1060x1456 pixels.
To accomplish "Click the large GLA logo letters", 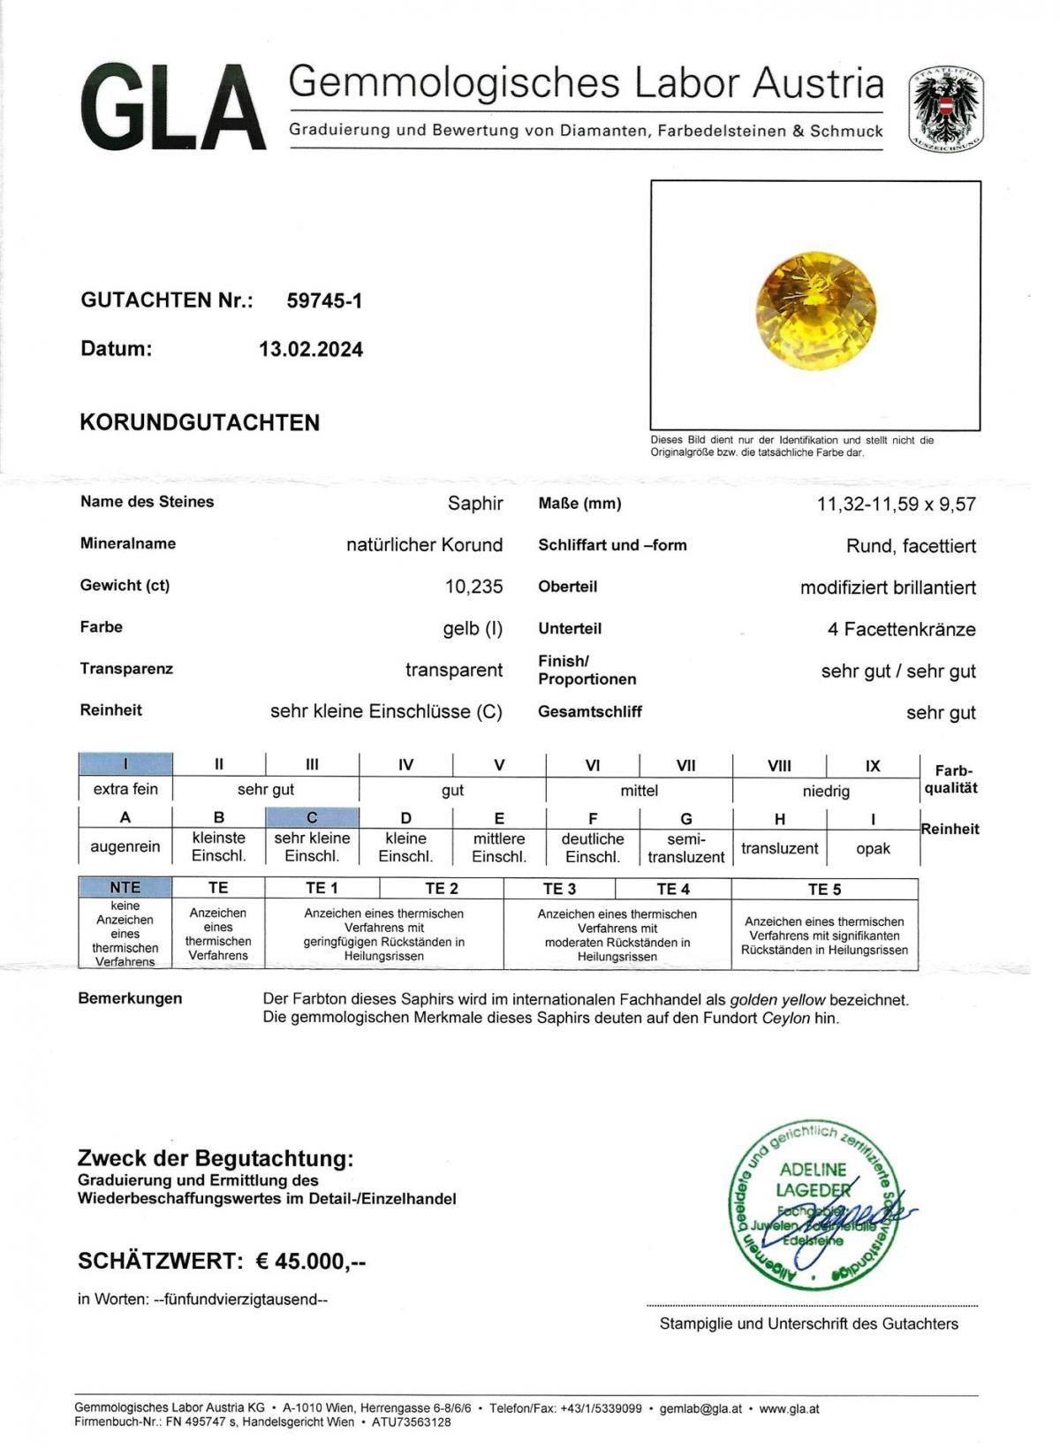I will (173, 109).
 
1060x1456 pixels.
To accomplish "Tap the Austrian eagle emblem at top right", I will (946, 109).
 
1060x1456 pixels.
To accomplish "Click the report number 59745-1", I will (324, 301).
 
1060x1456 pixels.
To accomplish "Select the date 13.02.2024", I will (310, 350).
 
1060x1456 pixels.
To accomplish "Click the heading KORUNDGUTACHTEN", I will (200, 422).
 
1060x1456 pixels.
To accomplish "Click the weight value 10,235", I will (473, 587).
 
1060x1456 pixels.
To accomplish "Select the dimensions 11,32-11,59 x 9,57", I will (896, 504).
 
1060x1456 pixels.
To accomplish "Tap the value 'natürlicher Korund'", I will (424, 545).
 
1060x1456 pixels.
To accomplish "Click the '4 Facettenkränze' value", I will (901, 630).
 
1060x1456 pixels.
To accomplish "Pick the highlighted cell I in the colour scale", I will (125, 764).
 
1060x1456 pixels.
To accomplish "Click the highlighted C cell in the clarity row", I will (312, 818).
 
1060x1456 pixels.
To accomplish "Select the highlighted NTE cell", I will (125, 888).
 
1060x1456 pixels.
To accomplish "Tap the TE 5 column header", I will (824, 889).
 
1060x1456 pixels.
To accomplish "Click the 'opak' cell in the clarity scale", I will (873, 848).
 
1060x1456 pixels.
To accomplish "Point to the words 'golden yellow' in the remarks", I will (777, 1000).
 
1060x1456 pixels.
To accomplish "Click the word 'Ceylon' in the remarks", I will (785, 1018).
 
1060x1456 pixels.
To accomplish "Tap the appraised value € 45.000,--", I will (310, 1262).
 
